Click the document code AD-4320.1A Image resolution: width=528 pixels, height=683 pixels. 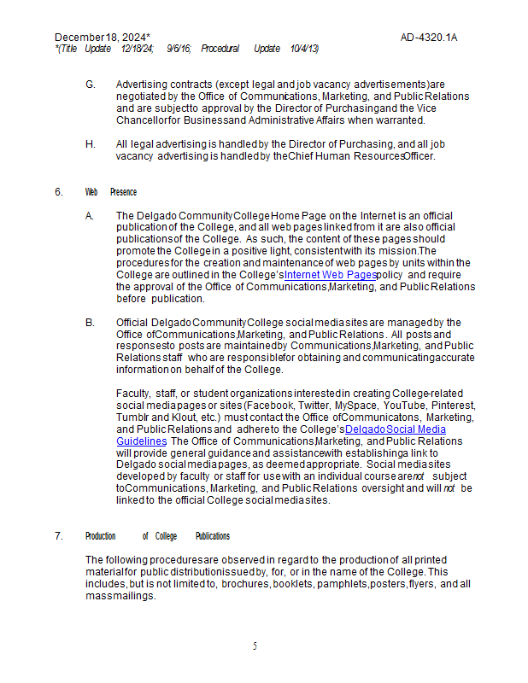[429, 38]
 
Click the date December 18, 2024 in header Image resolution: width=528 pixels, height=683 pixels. [102, 38]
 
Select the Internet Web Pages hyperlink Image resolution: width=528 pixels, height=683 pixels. [331, 276]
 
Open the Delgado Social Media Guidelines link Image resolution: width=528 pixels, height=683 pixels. [396, 429]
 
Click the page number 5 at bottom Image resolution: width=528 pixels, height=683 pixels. [255, 646]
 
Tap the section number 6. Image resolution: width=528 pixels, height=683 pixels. [58, 192]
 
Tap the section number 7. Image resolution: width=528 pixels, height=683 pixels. [58, 536]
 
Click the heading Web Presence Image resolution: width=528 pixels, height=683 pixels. [111, 192]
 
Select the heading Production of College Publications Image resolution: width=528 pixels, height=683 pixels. [157, 536]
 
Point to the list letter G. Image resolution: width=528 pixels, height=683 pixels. [90, 85]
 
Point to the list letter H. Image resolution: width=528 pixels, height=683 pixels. [90, 144]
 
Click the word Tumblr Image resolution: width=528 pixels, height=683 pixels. [132, 417]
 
